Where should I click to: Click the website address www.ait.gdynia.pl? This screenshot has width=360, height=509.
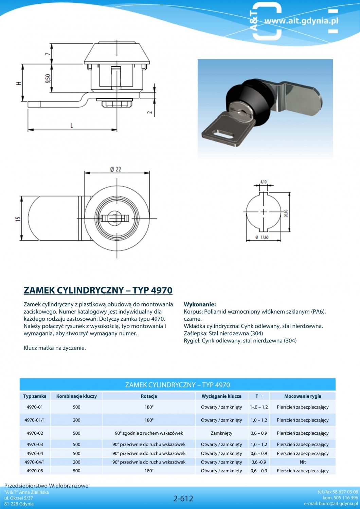[302, 21]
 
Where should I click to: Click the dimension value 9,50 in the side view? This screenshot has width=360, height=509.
[48, 78]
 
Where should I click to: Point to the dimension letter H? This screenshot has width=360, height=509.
[20, 83]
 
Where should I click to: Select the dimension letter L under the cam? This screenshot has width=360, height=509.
[72, 125]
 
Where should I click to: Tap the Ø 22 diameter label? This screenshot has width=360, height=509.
[115, 169]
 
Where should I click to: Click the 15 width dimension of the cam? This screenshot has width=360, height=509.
[18, 219]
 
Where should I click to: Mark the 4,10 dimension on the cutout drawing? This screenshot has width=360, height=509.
[263, 182]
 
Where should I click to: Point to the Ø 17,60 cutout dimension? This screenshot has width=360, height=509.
[262, 237]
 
